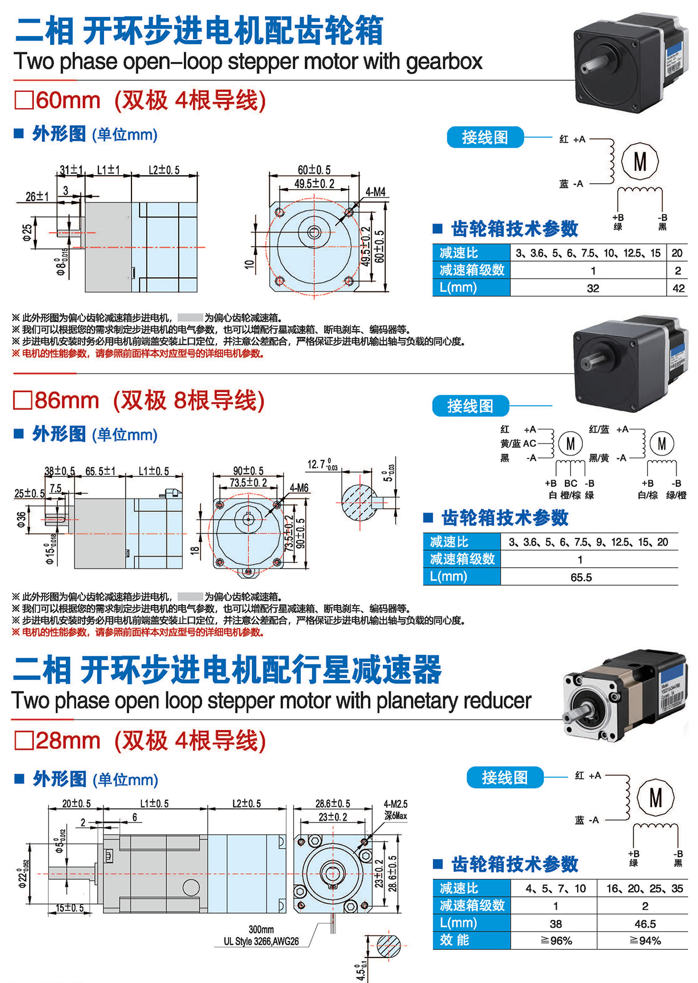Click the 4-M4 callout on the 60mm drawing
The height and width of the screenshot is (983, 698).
coord(375,192)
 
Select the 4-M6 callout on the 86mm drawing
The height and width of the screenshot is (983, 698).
coord(299,488)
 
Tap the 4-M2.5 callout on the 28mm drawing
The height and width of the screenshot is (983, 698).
coord(396,804)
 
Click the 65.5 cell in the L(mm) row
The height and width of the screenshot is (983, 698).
coord(581,577)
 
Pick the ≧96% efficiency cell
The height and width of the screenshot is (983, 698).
coord(556,941)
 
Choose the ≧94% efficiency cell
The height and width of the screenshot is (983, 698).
coord(645,941)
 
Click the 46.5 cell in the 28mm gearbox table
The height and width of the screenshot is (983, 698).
coord(645,924)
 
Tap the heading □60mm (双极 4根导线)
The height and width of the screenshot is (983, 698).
coord(140,100)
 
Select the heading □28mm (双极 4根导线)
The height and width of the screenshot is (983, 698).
coord(140,740)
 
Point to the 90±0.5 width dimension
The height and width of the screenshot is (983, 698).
coord(248,471)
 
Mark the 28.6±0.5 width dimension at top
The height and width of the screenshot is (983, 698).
coord(333,803)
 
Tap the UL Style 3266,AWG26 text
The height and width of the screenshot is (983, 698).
coord(261,941)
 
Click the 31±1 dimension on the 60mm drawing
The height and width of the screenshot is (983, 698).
coord(72,170)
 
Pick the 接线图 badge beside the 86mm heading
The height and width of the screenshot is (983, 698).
coord(470,406)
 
